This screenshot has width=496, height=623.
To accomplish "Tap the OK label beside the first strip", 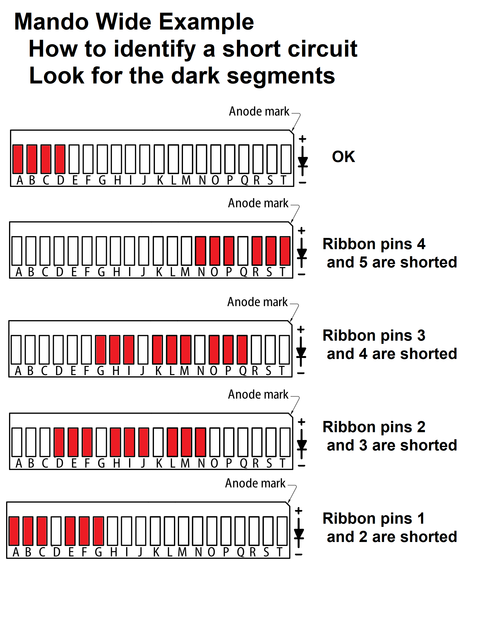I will click(x=343, y=157).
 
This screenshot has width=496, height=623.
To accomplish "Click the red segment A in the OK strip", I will click(x=18, y=159).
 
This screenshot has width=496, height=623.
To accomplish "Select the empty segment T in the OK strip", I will click(x=286, y=159).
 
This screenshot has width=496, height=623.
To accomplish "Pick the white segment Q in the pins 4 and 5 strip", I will click(x=243, y=251).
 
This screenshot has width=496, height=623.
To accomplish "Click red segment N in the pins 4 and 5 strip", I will click(x=201, y=251).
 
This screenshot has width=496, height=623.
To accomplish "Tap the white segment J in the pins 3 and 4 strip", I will click(x=143, y=349).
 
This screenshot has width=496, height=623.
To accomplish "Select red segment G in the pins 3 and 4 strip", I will click(x=101, y=349).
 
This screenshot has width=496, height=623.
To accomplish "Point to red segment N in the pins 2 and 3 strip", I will click(x=201, y=442).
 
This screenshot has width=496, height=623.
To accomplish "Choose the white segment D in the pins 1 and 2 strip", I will click(x=56, y=531).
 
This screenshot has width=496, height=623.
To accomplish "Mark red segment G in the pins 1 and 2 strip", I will click(x=99, y=531).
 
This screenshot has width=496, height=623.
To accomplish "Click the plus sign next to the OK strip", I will click(x=303, y=139).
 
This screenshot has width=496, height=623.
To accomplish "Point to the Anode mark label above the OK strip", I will click(x=259, y=112).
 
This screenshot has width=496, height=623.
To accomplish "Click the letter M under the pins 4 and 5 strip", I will click(x=185, y=272).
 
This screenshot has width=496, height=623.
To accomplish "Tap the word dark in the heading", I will click(x=195, y=76).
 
